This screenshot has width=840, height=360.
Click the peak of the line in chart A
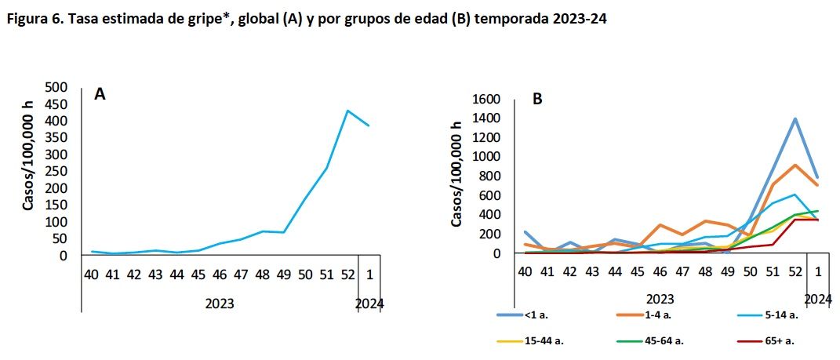347,111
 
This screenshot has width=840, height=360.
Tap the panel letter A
100,95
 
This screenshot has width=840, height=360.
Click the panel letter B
538,100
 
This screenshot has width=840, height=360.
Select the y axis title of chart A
29,157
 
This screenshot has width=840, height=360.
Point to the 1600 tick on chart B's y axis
485,100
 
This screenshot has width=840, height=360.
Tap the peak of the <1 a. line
795,119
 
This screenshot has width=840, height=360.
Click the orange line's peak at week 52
795,165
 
